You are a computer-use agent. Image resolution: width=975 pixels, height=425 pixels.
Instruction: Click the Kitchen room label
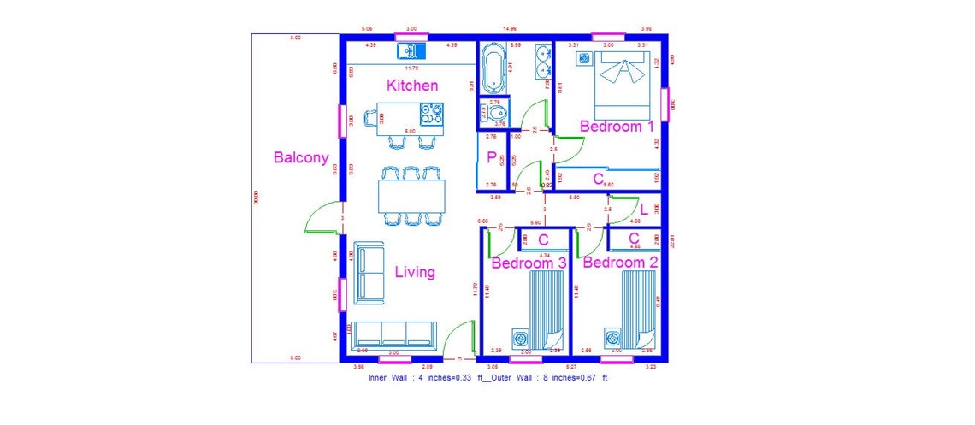click(x=412, y=86)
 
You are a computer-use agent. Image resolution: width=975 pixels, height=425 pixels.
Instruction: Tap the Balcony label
click(x=301, y=157)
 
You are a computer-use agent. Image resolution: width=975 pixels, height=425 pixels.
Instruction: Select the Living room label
click(x=415, y=272)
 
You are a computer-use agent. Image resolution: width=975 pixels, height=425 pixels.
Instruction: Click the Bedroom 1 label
click(x=617, y=127)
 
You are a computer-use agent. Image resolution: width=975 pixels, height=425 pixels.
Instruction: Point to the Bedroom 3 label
click(x=529, y=263)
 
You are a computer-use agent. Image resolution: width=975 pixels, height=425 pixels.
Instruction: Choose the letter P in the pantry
click(x=492, y=157)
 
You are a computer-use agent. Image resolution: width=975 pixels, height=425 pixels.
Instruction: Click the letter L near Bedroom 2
click(x=643, y=210)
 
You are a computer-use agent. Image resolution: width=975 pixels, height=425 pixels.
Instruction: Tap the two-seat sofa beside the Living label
click(x=369, y=270)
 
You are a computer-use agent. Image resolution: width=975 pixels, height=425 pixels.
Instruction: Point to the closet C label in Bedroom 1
click(x=599, y=179)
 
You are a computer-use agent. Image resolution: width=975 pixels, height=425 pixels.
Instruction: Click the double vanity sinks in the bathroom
click(x=542, y=61)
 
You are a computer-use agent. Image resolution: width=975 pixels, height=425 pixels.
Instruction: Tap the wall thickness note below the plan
click(x=487, y=377)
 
